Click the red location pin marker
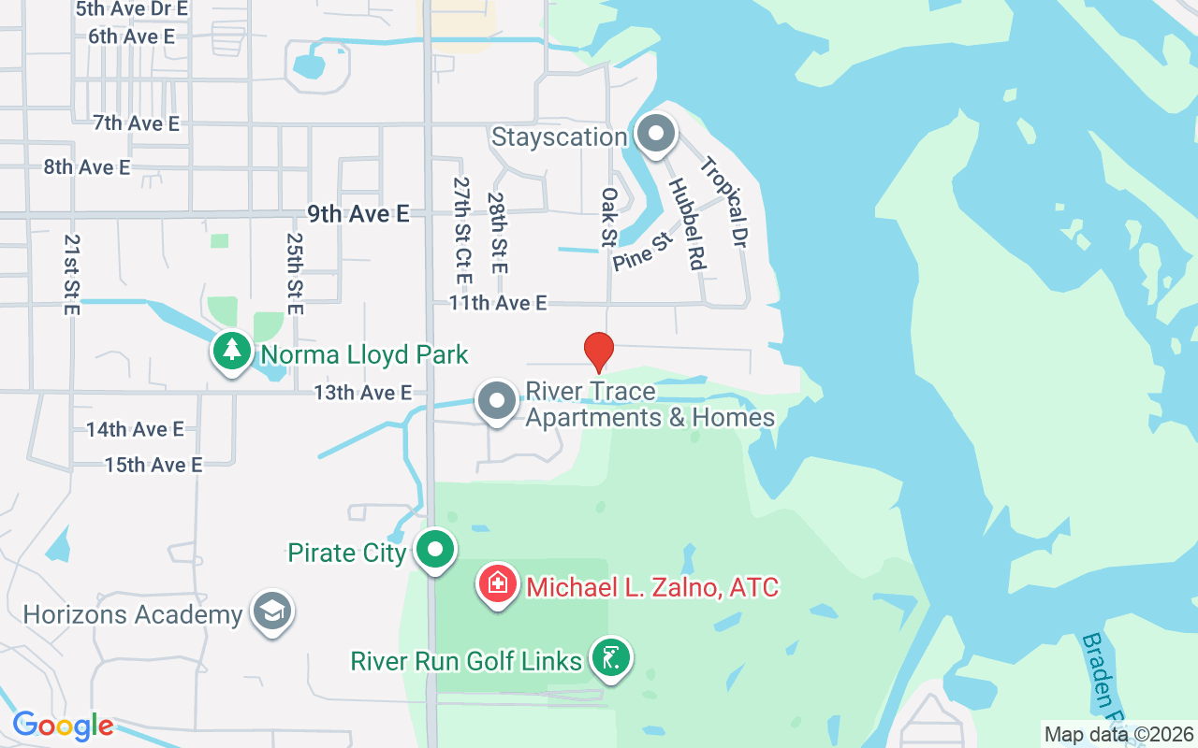point(598,352)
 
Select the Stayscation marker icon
point(656,134)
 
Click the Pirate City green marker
point(434,550)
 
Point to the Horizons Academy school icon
point(271,611)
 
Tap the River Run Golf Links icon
point(610,658)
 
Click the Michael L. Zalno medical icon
point(498,585)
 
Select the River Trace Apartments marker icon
point(496,401)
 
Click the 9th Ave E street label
point(358,214)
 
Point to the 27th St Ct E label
point(461,231)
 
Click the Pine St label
point(643,253)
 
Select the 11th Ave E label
point(497,303)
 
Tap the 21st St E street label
point(71,274)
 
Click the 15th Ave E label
point(153,465)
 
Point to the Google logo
point(63,726)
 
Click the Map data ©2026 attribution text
point(1118,734)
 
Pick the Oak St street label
point(609,217)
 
